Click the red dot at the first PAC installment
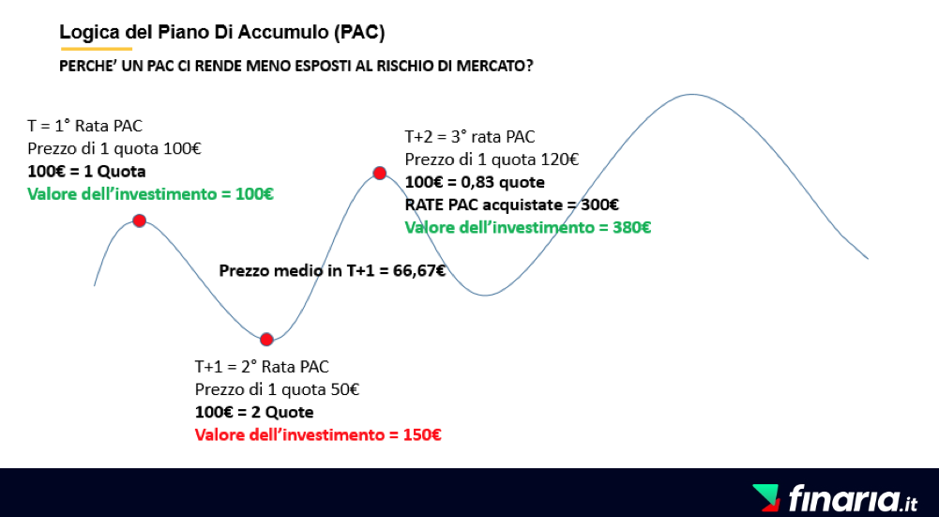(140, 221)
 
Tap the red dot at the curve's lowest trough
(266, 340)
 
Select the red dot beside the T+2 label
(379, 174)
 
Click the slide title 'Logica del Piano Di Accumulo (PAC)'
(221, 32)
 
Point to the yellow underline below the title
(96, 49)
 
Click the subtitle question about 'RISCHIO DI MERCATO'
(295, 66)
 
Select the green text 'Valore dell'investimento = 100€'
(150, 194)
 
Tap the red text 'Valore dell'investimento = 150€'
(318, 434)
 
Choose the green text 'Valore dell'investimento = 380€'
(527, 228)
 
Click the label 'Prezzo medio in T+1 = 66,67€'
(332, 271)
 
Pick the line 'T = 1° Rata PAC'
(85, 126)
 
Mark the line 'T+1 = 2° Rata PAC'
(262, 366)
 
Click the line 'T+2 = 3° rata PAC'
(469, 137)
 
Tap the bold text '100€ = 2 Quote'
(254, 412)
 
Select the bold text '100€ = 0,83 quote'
(475, 182)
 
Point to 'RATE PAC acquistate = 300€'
(512, 205)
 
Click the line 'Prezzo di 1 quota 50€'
(277, 389)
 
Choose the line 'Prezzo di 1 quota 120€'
(492, 160)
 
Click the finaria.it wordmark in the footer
(853, 499)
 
